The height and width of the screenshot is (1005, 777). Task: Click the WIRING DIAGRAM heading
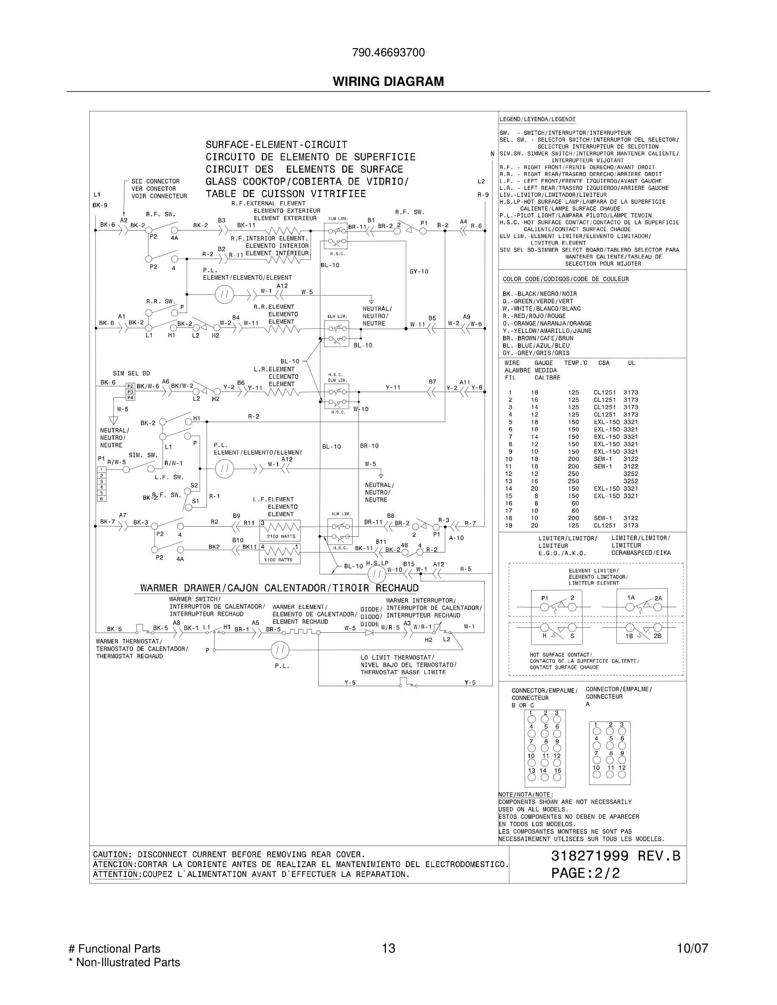388,82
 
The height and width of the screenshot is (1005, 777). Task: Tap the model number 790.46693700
388,53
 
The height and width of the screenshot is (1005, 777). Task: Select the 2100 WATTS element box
280,530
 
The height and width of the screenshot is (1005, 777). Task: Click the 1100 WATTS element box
279,554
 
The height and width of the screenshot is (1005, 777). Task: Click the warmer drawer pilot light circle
279,650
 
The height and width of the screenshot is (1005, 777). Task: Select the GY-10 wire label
419,272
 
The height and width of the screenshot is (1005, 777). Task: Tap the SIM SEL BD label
131,373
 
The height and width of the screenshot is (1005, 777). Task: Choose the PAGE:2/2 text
586,873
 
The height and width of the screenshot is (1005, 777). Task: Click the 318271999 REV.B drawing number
615,856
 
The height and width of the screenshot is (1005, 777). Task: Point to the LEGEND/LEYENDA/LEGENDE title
537,119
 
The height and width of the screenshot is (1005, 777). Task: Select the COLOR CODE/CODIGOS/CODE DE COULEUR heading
565,279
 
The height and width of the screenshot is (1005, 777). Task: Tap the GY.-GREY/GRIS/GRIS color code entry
536,353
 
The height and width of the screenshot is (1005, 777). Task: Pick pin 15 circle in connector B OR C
557,777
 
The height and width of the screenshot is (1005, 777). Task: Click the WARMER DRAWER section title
279,588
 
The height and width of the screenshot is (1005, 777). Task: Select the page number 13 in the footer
388,948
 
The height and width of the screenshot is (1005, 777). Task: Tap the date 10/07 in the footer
692,948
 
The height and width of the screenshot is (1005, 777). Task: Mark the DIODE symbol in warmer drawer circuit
369,633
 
